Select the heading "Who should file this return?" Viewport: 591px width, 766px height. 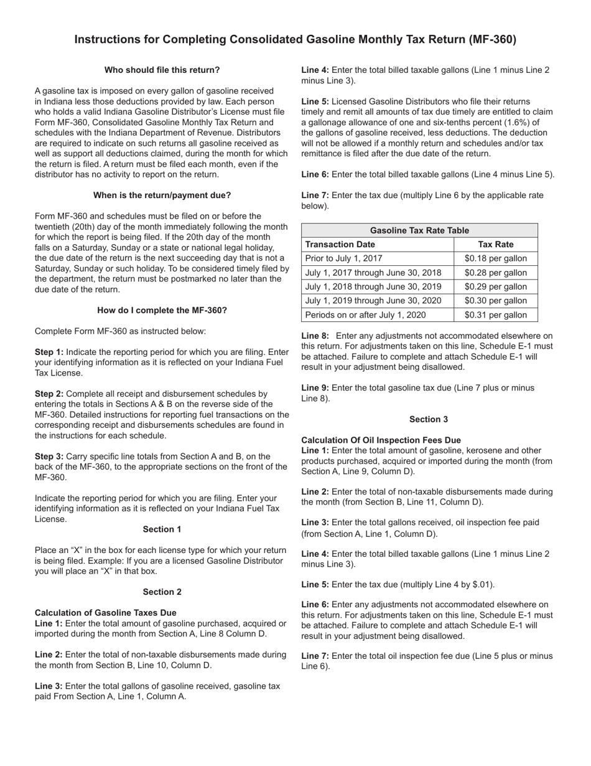point(162,70)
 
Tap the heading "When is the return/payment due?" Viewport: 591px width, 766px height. point(162,195)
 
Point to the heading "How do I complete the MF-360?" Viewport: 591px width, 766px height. point(162,310)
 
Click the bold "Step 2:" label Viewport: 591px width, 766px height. point(49,394)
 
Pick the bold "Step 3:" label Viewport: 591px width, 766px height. point(49,456)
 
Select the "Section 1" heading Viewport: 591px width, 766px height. point(162,529)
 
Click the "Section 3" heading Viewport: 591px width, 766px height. point(429,419)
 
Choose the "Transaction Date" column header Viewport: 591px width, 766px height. point(340,244)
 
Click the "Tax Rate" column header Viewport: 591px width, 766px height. point(496,244)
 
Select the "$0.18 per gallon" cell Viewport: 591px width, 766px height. point(496,258)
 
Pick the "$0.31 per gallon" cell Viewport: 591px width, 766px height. point(496,315)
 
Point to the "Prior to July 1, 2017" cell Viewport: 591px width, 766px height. point(344,258)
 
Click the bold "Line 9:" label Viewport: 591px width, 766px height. point(315,388)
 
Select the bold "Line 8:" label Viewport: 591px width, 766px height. point(315,336)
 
